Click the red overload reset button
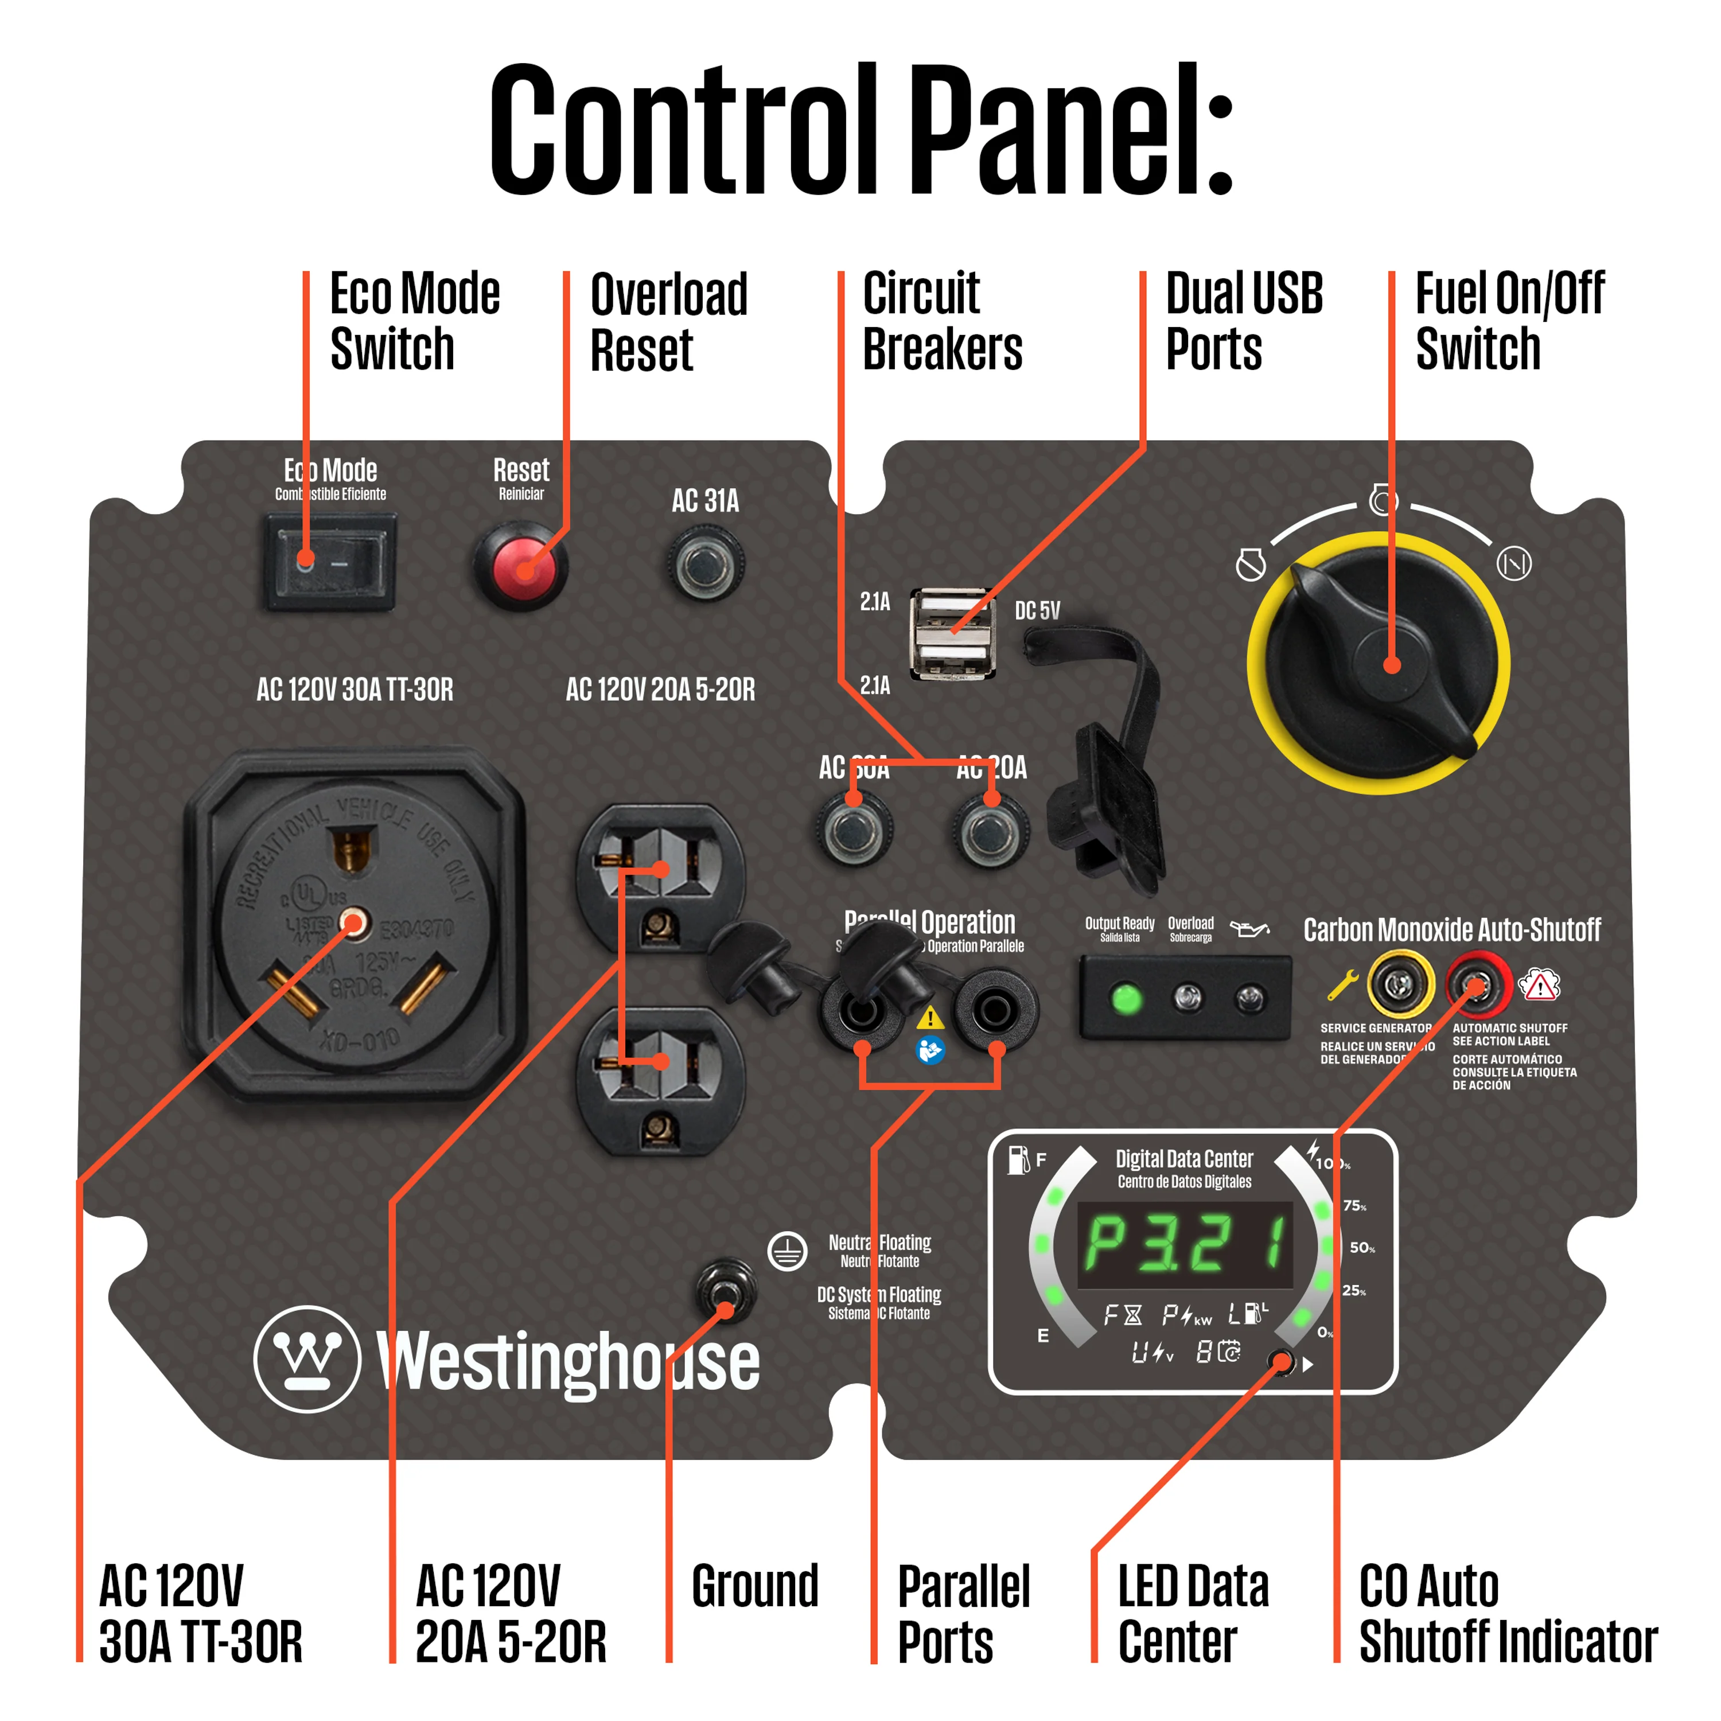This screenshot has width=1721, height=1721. tap(521, 567)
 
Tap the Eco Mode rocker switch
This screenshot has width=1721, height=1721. tap(330, 561)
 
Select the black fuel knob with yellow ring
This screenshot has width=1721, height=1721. tap(1379, 664)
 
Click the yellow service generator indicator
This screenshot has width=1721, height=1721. tap(1400, 985)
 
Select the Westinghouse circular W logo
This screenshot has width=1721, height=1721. tap(307, 1358)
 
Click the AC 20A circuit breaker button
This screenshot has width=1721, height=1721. tap(991, 831)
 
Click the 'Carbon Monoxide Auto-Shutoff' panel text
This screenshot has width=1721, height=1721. tap(1451, 929)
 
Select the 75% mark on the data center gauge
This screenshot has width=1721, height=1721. tap(1354, 1205)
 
